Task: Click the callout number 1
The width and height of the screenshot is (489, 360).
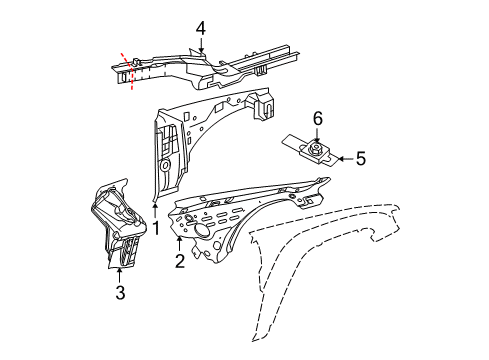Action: (156, 226)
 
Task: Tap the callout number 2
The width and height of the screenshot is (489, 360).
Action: (179, 262)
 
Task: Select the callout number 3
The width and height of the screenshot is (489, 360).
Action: (120, 292)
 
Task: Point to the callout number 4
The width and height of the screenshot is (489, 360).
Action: (200, 28)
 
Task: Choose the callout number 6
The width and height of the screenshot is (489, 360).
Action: (318, 119)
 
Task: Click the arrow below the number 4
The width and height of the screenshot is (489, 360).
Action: (200, 45)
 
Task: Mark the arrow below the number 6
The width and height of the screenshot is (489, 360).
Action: (318, 136)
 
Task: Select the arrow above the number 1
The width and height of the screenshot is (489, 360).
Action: (156, 207)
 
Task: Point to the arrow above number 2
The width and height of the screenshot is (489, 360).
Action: (179, 243)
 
